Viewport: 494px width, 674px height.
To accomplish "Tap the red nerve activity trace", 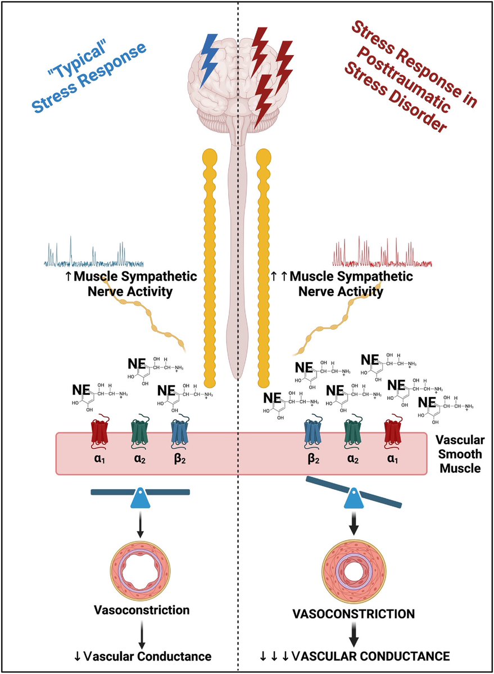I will [x=382, y=256].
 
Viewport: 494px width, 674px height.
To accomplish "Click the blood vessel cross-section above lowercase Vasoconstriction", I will [x=141, y=570].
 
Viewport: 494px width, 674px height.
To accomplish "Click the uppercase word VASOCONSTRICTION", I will [x=353, y=614].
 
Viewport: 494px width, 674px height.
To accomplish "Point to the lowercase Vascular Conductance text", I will [x=141, y=655].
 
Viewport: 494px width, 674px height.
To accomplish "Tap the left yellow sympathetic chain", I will [x=210, y=270].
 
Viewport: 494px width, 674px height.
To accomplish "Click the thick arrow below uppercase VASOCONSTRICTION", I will [x=353, y=635].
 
